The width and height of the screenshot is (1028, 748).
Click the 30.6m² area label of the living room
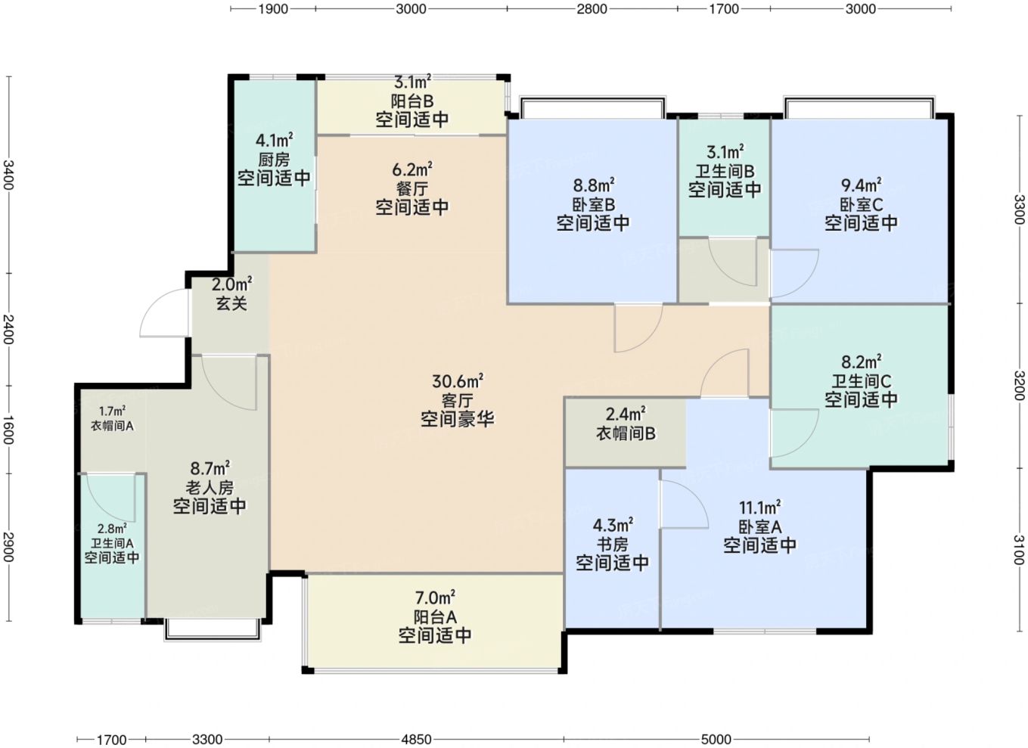click(458, 381)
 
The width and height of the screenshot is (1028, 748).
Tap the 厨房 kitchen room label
click(274, 160)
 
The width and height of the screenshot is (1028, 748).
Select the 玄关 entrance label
click(231, 303)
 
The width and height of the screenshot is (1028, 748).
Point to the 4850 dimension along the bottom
click(416, 739)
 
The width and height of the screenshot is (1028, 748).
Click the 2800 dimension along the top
click(592, 9)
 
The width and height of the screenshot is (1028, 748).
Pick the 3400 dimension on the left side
click(9, 175)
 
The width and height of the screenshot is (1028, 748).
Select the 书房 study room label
click(612, 545)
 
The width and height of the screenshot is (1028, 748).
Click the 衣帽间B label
click(626, 433)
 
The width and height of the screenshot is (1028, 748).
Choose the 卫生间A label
click(112, 543)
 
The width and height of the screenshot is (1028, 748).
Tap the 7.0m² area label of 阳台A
click(435, 597)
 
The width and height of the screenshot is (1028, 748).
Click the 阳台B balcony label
click(412, 101)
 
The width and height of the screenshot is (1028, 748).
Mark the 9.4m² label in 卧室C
click(861, 185)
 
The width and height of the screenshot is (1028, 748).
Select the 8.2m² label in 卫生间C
click(861, 362)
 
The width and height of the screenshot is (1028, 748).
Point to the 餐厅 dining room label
click(412, 188)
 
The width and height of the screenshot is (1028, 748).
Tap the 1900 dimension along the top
click(273, 9)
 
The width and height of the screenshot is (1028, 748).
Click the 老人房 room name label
click(210, 487)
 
